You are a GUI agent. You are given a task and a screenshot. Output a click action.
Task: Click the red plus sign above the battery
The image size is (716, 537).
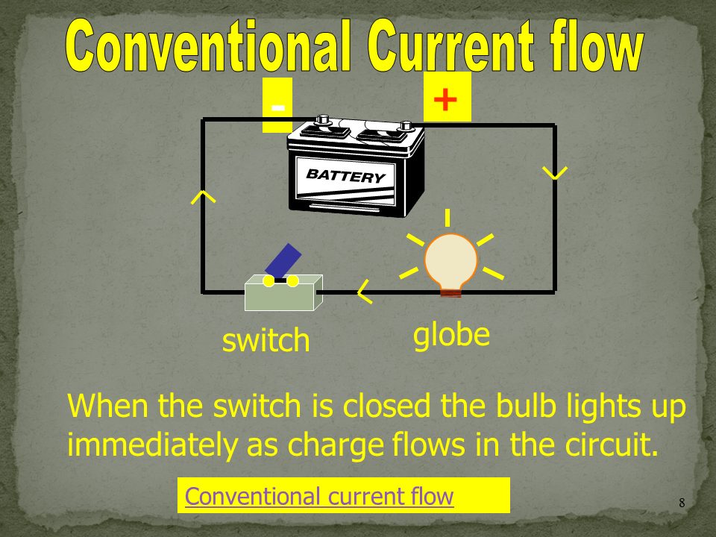(445, 99)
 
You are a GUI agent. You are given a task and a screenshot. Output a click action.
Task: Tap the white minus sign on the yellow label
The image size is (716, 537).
(278, 107)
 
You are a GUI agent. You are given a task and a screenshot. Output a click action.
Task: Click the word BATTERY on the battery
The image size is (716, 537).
(345, 175)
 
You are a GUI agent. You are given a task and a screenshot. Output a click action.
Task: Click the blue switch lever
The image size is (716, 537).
(283, 260)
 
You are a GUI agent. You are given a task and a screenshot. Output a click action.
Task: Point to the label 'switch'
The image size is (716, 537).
(266, 340)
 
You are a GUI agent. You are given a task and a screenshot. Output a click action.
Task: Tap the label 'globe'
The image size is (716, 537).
(451, 335)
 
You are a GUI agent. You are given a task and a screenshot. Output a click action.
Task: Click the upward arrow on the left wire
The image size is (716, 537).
(203, 197)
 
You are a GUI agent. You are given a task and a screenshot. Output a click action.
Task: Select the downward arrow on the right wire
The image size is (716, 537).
(555, 173)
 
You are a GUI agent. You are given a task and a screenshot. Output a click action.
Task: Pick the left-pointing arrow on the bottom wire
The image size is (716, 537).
(365, 292)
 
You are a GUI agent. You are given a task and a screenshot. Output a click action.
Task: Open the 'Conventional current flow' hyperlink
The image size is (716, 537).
(319, 497)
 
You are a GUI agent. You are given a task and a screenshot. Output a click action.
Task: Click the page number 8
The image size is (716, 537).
(682, 503)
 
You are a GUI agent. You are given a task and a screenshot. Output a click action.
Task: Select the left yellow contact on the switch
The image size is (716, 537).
(269, 281)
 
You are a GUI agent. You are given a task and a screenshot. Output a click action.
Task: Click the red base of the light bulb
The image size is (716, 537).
(450, 292)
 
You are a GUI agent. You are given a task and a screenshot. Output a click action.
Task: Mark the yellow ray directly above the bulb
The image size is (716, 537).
(447, 218)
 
